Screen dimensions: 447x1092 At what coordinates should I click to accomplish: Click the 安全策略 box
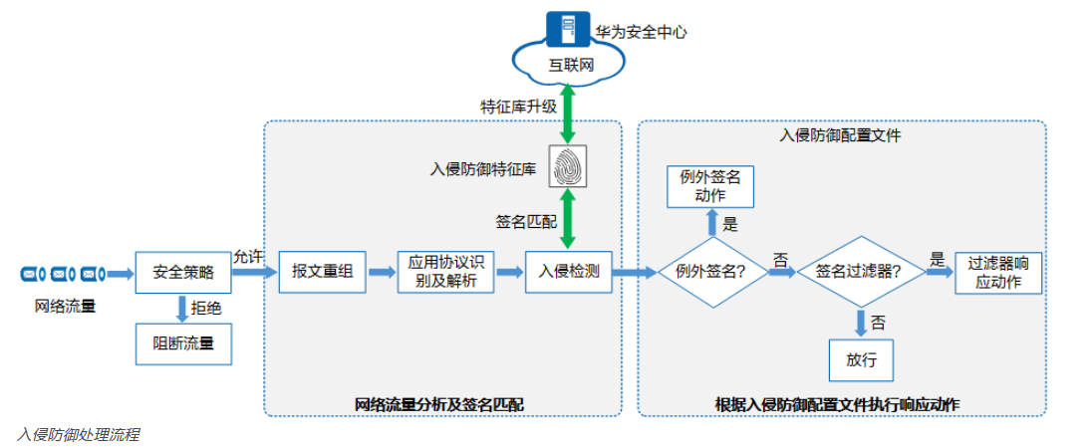click(x=181, y=271)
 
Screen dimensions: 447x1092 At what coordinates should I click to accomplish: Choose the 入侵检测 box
click(x=569, y=271)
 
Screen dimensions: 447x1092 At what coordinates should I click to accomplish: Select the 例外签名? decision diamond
click(x=712, y=271)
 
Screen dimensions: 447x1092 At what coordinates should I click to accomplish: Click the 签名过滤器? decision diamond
click(x=859, y=271)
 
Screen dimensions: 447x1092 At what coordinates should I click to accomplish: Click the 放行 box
click(x=861, y=359)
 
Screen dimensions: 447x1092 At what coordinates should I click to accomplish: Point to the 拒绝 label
click(x=206, y=309)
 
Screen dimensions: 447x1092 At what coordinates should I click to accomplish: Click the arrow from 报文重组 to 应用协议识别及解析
click(x=381, y=271)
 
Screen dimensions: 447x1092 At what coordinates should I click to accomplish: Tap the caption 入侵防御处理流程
click(x=78, y=435)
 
